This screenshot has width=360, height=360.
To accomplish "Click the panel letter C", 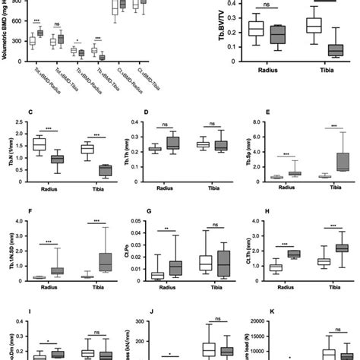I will pyautogui.click(x=29, y=114).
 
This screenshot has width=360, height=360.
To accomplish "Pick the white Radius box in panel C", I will pyautogui.click(x=40, y=144).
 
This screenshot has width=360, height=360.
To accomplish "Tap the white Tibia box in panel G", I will pyautogui.click(x=204, y=263).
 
